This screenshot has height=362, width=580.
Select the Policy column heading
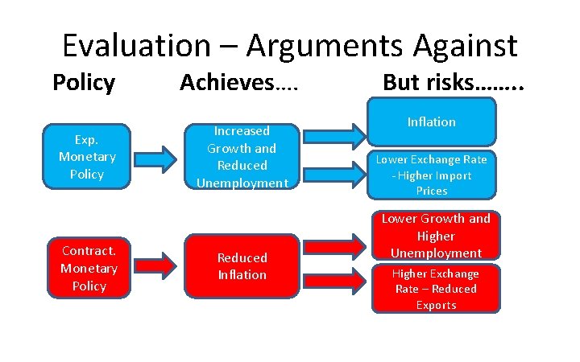[84, 83]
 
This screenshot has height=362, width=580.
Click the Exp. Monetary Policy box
[87, 157]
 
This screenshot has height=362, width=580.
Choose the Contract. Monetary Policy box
[89, 269]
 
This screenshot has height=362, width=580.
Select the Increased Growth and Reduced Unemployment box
[242, 157]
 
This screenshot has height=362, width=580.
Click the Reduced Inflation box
[242, 266]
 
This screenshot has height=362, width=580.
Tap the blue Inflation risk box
[431, 123]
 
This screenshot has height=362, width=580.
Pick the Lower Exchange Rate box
[432, 175]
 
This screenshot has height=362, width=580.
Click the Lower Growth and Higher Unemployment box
[435, 236]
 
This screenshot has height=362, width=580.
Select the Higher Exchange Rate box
[435, 289]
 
